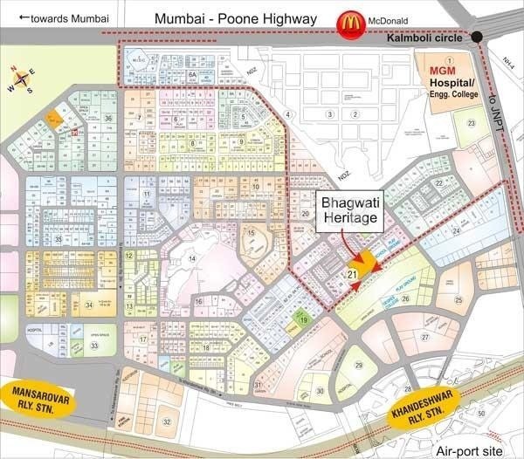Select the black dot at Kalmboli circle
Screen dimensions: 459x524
[x=478, y=38]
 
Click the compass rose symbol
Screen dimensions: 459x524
[x=23, y=79]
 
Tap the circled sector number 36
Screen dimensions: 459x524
[x=108, y=118]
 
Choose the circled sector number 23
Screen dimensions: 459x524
[x=471, y=123]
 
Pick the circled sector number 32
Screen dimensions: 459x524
[x=165, y=421]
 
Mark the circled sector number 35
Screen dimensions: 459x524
[x=58, y=238]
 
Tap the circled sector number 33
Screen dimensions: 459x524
[x=93, y=346]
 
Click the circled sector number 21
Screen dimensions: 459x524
[x=353, y=274]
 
